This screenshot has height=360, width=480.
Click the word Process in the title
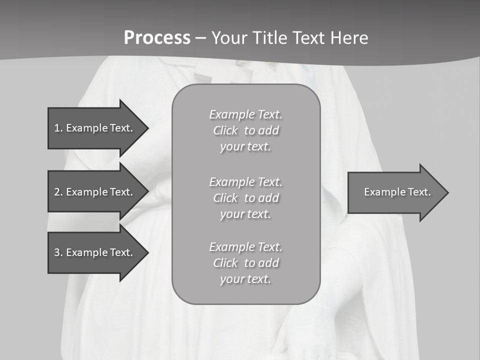[x=157, y=38]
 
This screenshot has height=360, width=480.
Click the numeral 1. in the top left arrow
[x=58, y=128]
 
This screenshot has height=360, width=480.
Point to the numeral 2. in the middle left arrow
[x=58, y=192]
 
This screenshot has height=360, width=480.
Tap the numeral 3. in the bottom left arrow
[x=58, y=252]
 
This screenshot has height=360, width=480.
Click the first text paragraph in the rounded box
[x=245, y=130]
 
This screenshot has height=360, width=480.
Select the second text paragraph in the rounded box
[x=245, y=198]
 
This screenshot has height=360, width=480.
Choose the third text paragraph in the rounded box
[x=245, y=263]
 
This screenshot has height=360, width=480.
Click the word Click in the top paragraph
[x=225, y=131]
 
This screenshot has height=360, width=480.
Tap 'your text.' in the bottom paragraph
[x=245, y=279]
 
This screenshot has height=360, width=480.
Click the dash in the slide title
[x=201, y=38]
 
